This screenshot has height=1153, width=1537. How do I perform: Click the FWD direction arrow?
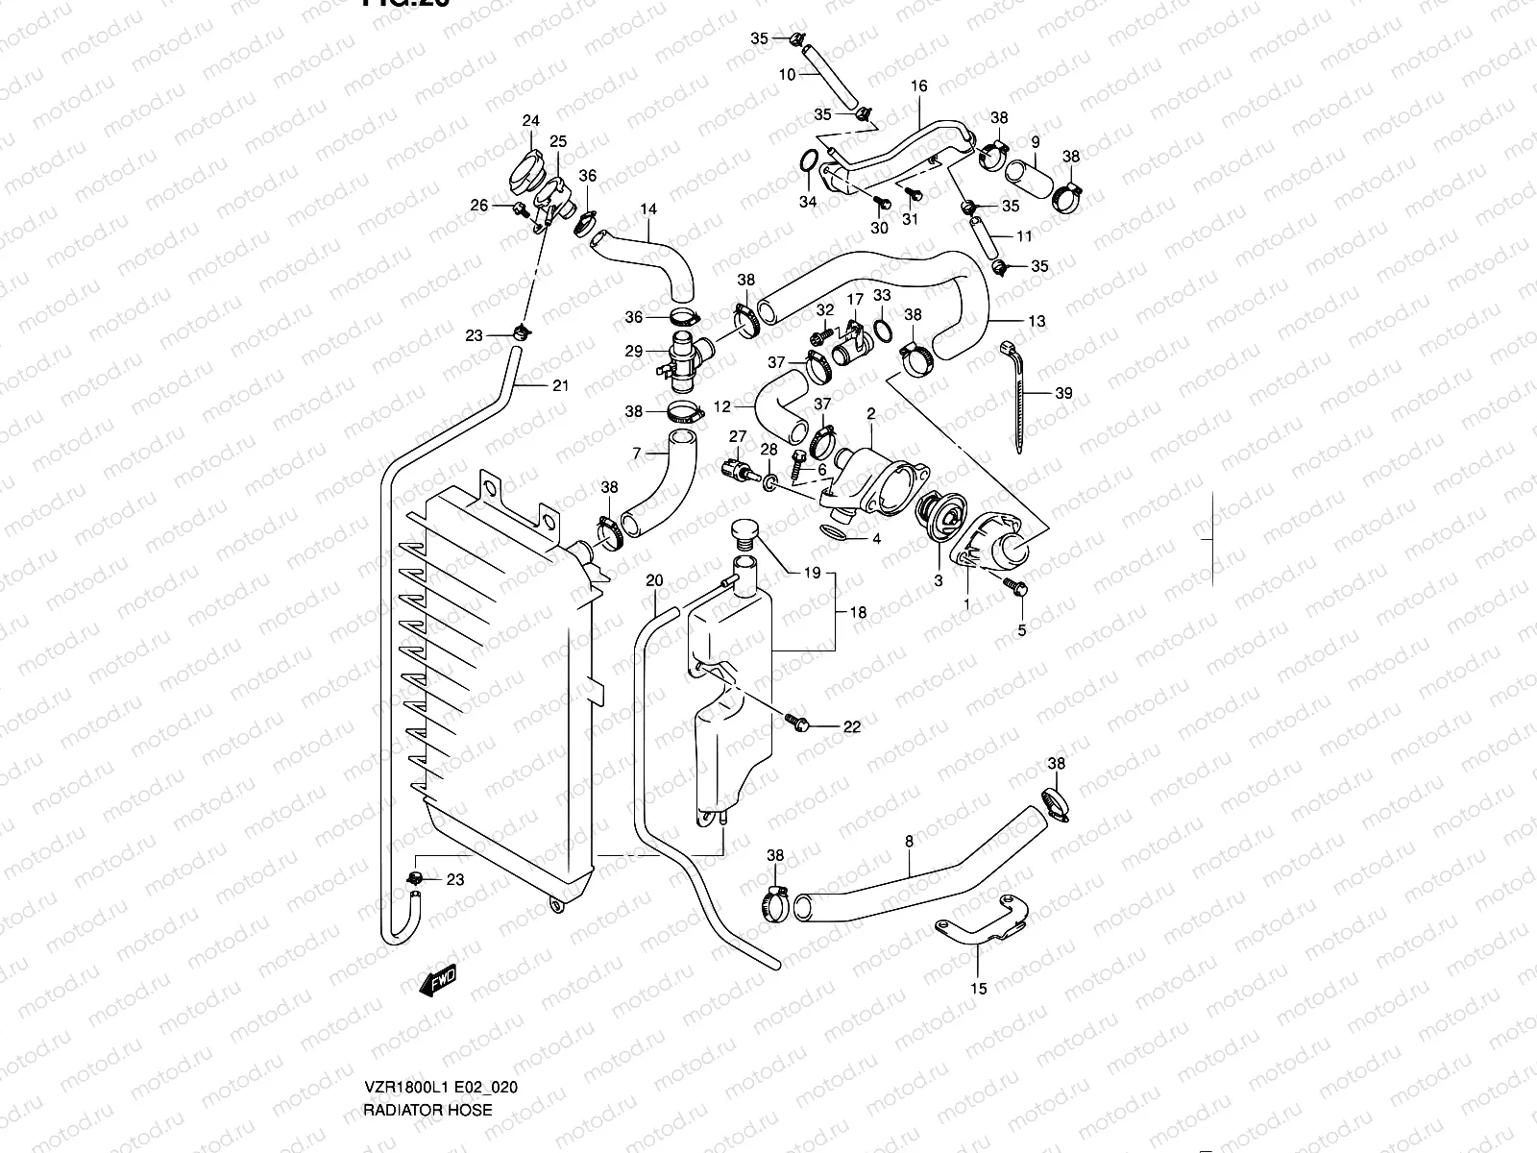click(x=438, y=980)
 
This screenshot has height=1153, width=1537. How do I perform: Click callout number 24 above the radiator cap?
click(x=530, y=121)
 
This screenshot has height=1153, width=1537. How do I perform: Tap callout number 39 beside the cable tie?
click(x=1063, y=393)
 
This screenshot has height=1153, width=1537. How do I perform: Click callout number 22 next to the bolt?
click(x=852, y=727)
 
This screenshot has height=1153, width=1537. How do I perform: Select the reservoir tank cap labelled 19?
click(x=744, y=532)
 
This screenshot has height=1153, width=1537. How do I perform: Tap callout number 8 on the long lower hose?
click(x=909, y=841)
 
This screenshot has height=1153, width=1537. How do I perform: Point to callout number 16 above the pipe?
click(x=918, y=86)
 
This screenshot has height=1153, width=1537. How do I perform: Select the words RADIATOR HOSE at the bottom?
click(x=428, y=1110)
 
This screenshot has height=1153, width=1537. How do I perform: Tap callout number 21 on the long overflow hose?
click(x=560, y=386)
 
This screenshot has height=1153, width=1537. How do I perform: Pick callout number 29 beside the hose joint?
click(x=633, y=352)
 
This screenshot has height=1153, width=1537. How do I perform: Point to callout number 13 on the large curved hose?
click(x=1037, y=322)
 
